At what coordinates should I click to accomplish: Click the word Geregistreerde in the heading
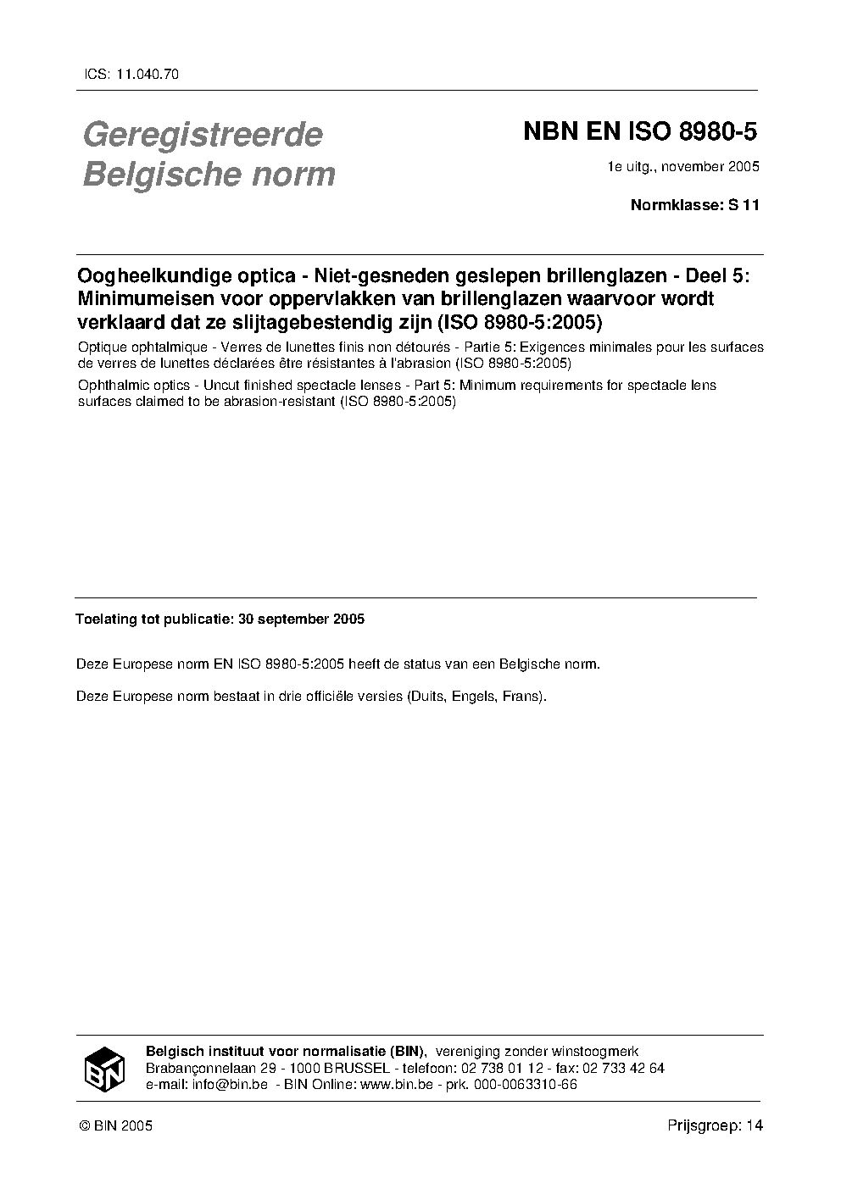[203, 135]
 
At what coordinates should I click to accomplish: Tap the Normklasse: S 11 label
[694, 204]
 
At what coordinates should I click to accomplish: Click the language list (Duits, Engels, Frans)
[476, 697]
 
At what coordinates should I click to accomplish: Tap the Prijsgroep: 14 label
[715, 1126]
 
